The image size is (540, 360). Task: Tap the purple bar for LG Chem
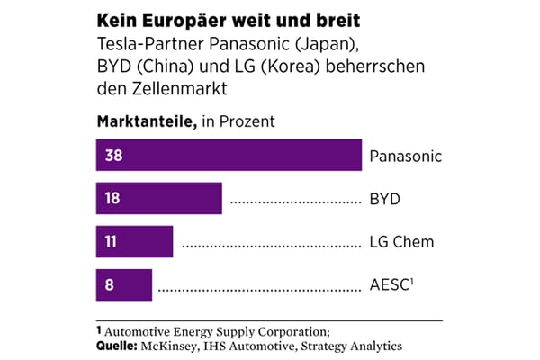134,241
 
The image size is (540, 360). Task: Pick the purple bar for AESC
124,284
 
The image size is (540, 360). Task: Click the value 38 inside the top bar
113,156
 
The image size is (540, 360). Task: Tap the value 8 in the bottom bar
109,284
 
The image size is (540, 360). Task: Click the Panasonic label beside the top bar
406,156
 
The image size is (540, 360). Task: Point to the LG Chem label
401,241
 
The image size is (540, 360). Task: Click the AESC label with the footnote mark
390,284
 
